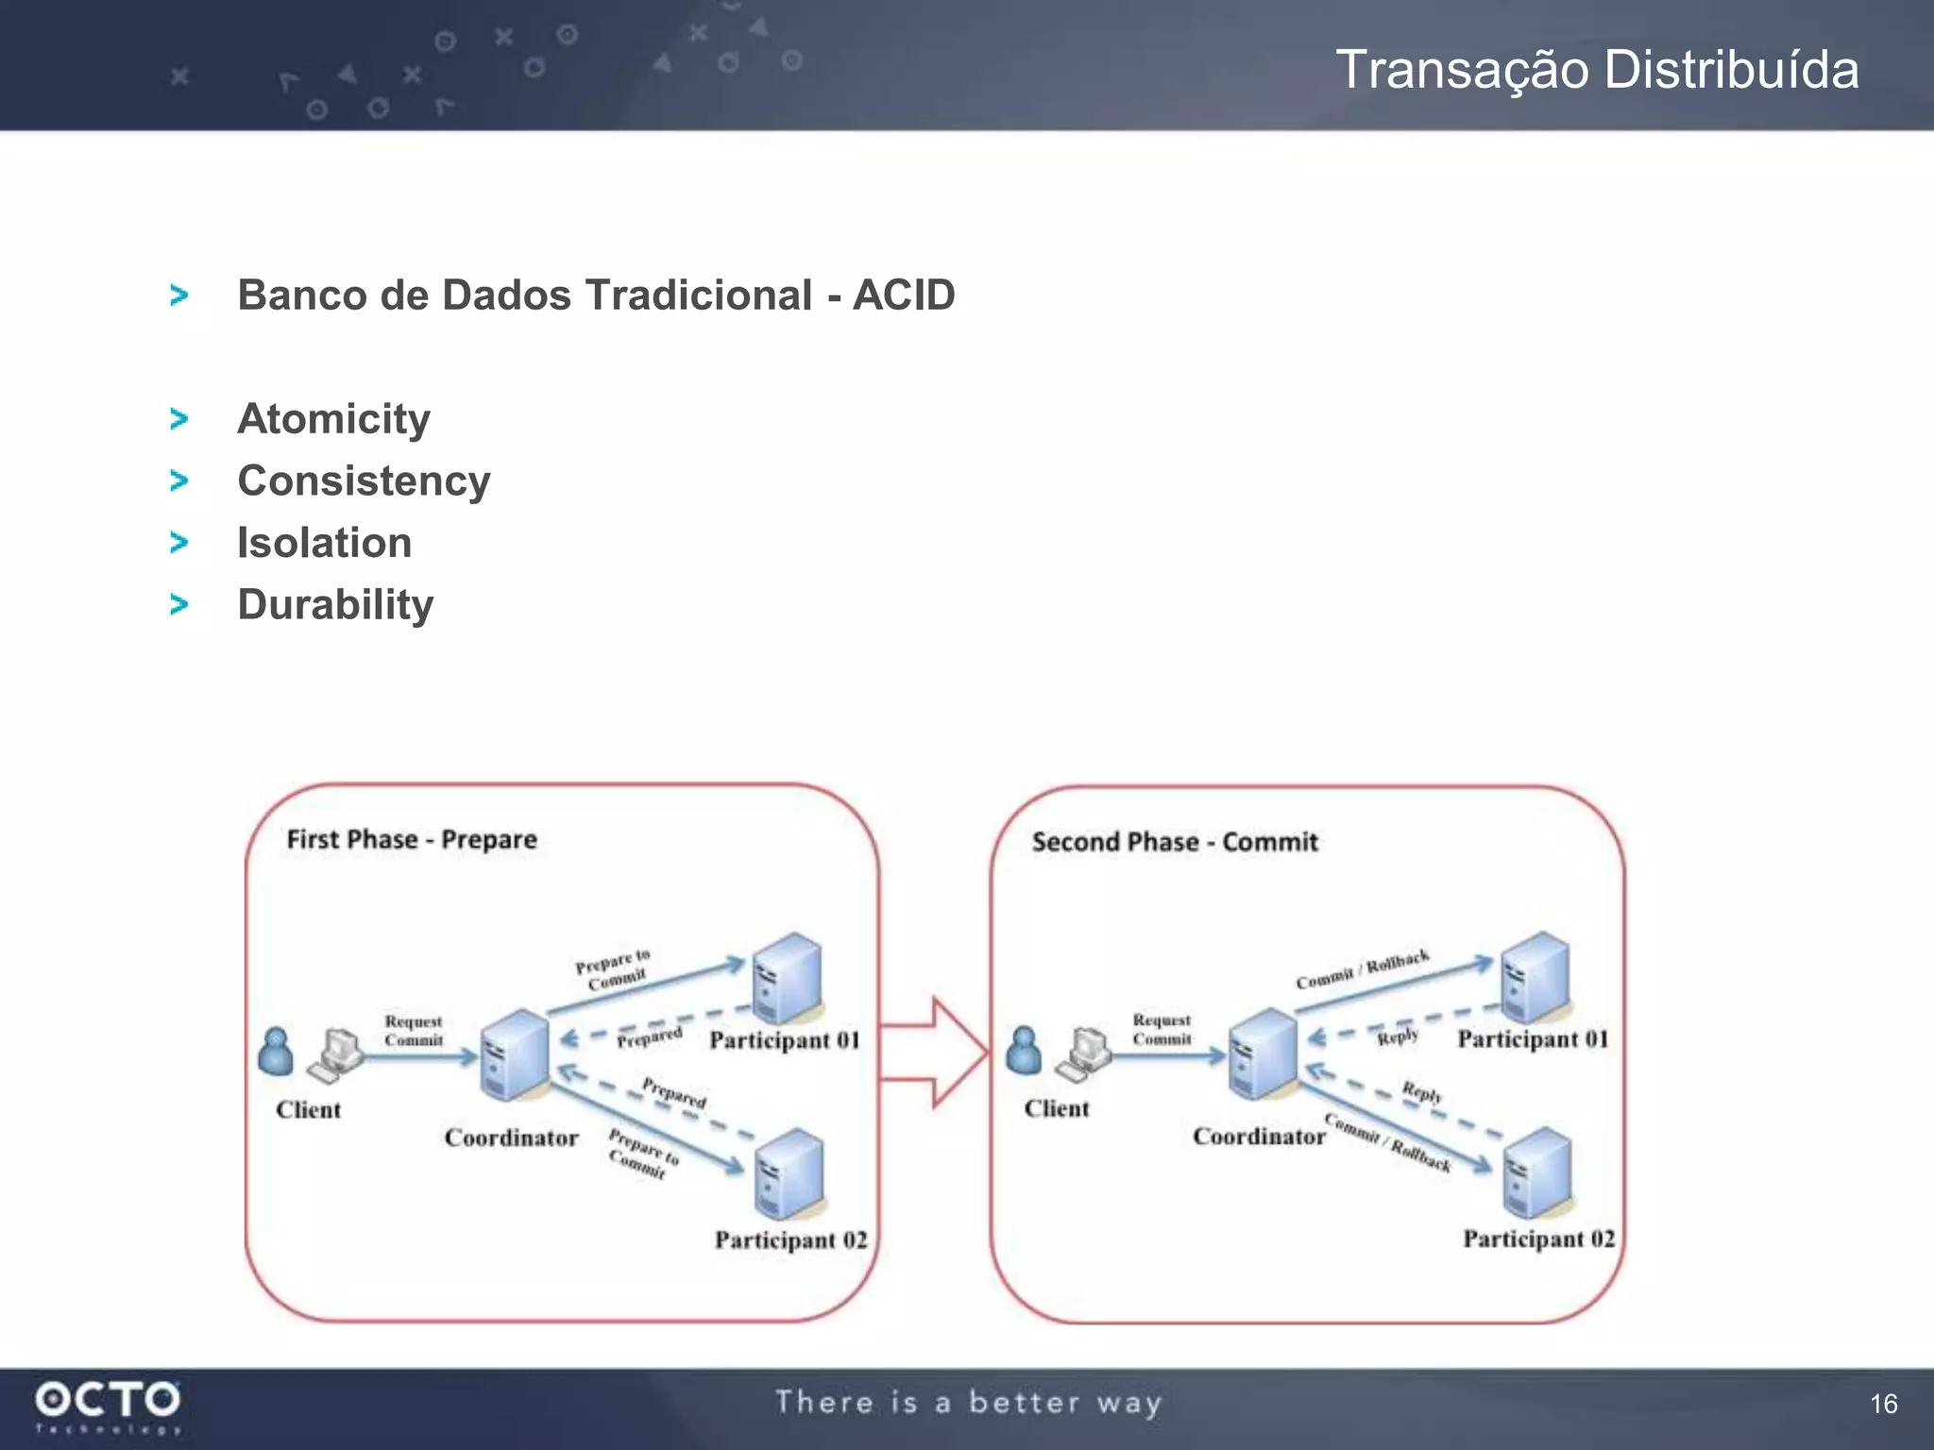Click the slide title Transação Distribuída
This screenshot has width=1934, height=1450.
1596,70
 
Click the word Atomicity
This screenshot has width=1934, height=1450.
333,419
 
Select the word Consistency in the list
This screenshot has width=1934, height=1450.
364,481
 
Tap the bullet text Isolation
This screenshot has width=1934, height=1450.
324,544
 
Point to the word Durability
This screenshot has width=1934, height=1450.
335,605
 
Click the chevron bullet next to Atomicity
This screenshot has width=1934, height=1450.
178,418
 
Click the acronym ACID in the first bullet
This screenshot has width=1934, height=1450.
904,295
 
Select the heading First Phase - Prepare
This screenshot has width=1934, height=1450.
412,839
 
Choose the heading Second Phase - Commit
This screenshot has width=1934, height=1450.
1174,842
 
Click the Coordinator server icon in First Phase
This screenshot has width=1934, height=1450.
515,1055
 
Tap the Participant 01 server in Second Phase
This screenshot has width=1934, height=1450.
1536,977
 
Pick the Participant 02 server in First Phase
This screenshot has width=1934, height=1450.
789,1174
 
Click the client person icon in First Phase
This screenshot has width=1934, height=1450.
275,1052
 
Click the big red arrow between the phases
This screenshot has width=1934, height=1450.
935,1052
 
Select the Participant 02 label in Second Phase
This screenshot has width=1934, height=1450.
1538,1239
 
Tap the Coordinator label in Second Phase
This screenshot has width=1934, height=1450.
1259,1137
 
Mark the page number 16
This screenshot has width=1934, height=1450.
1883,1404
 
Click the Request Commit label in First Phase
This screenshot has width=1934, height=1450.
414,1031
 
